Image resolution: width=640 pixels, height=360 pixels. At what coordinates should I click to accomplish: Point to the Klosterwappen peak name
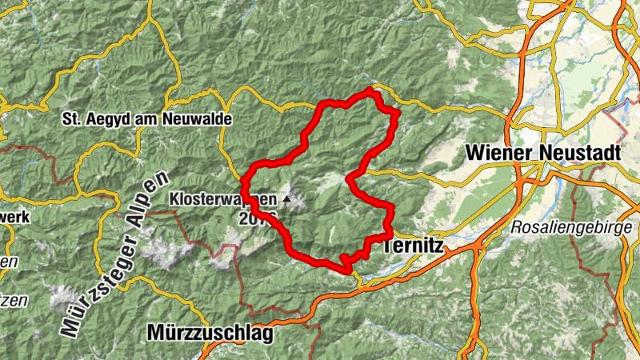pyautogui.click(x=222, y=198)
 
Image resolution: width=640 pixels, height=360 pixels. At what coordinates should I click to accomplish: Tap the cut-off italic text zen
pyautogui.click(x=11, y=301)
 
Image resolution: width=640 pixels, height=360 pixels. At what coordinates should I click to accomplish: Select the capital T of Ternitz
pyautogui.click(x=388, y=246)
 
